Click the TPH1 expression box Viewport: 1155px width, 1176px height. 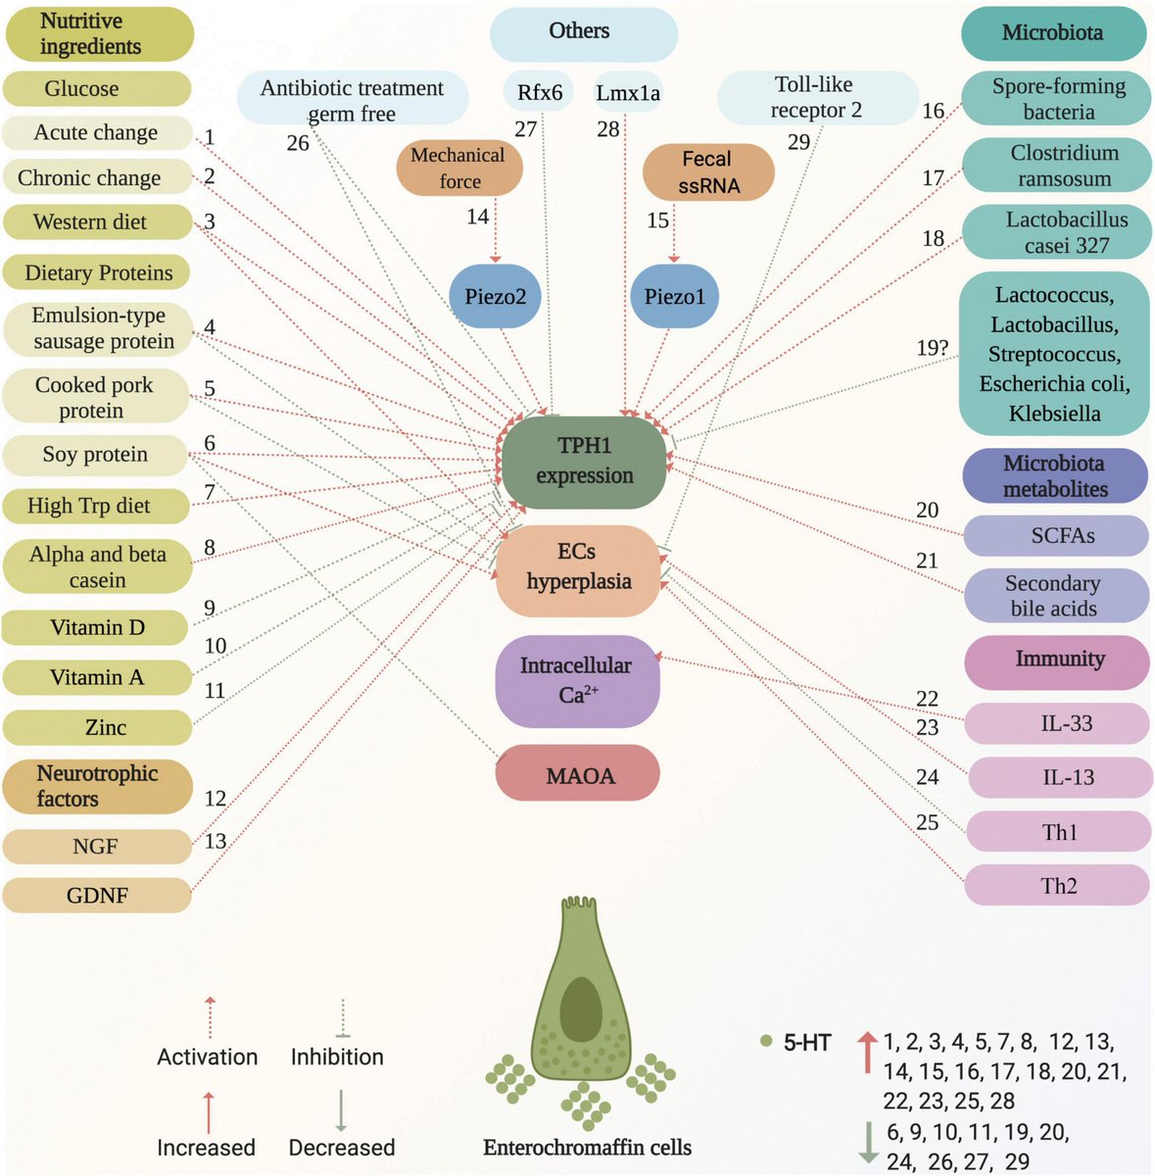(584, 461)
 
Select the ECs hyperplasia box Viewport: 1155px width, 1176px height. (578, 567)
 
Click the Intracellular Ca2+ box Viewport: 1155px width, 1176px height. (576, 680)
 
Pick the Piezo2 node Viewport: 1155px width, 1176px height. (496, 295)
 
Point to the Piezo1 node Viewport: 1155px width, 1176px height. (674, 295)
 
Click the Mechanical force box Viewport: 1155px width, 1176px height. (458, 168)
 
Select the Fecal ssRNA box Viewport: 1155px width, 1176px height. (707, 171)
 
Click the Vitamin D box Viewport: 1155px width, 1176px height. (96, 627)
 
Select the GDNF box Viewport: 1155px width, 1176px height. (96, 895)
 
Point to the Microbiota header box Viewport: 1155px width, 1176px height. (1052, 32)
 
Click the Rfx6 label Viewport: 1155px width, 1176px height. (540, 92)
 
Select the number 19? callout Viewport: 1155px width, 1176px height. (934, 347)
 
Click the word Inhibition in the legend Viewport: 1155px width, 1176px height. (337, 1056)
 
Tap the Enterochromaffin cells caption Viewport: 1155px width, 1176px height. (587, 1147)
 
